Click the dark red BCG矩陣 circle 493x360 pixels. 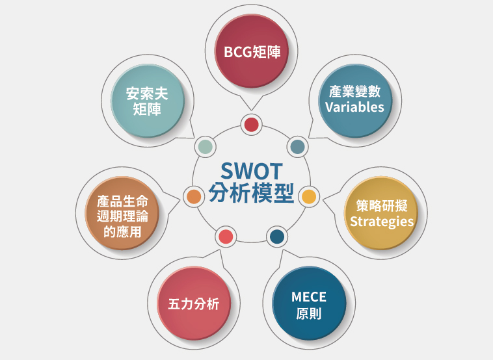click(251, 51)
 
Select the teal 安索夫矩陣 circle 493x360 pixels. click(148, 101)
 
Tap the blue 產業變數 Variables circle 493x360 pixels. click(355, 101)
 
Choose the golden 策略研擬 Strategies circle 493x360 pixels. click(381, 213)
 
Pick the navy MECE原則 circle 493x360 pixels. click(309, 303)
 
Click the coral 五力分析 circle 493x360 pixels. click(194, 303)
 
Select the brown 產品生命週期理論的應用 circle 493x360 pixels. click(122, 213)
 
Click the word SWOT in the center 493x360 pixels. click(251, 171)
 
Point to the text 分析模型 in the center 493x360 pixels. click(251, 193)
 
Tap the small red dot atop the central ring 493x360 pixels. click(251, 125)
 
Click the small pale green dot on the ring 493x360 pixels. click(206, 147)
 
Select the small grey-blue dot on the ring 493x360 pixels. click(297, 147)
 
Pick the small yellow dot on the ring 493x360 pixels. click(309, 197)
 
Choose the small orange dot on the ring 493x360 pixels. click(194, 197)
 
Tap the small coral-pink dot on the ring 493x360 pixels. click(226, 237)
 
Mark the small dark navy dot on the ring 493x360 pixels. click(277, 237)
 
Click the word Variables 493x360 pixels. click(354, 107)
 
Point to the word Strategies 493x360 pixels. click(382, 222)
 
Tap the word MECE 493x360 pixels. click(309, 297)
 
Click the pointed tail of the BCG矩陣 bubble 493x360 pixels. click(251, 110)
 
